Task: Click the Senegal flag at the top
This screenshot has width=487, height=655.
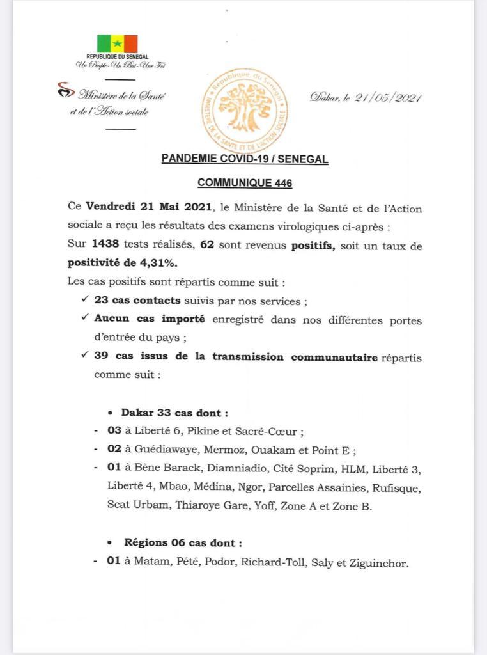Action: click(x=117, y=43)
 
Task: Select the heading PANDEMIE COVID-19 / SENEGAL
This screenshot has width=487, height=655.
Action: click(x=245, y=159)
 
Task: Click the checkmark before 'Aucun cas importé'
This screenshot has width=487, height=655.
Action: click(x=85, y=319)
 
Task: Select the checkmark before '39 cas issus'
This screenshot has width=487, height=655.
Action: click(x=85, y=356)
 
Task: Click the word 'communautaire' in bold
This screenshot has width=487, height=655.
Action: click(x=334, y=357)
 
